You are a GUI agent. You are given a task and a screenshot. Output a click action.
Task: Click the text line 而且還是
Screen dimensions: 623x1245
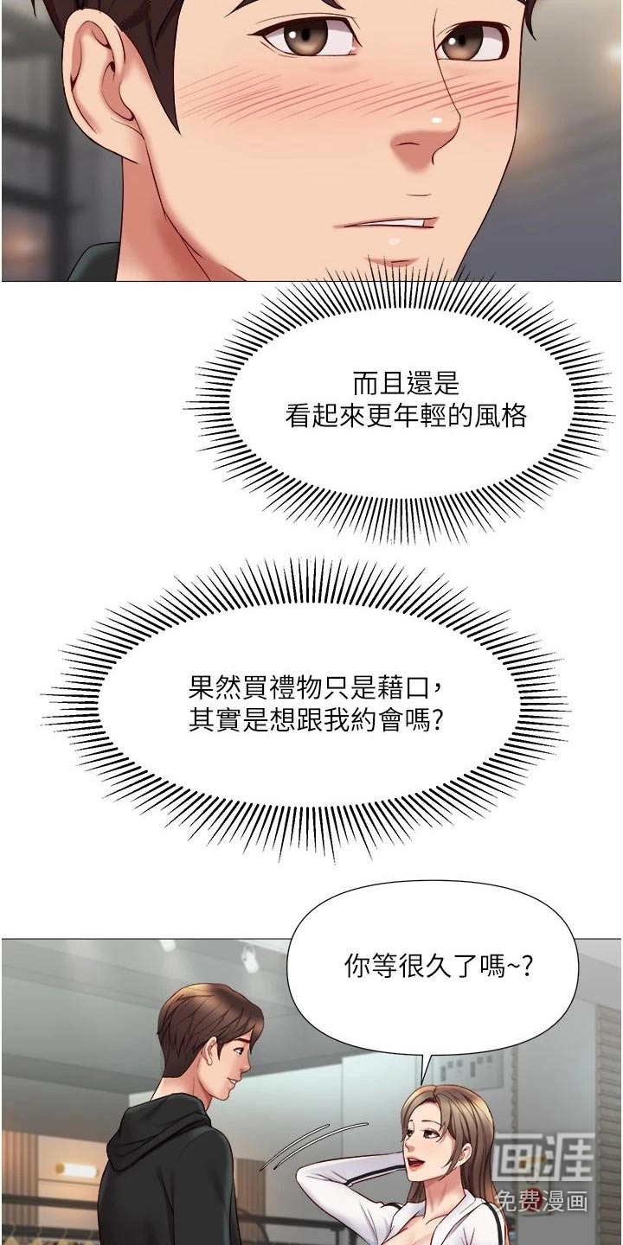coord(406,383)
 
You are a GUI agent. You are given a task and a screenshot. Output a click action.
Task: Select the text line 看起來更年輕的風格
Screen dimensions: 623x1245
coord(406,415)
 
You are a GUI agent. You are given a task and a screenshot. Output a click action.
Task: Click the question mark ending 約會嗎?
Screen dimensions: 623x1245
coord(437,721)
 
